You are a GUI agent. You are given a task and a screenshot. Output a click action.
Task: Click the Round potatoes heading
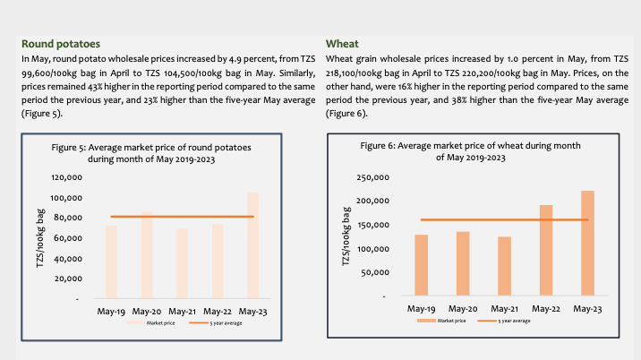pos(60,43)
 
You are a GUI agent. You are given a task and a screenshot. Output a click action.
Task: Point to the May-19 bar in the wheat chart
pos(421,265)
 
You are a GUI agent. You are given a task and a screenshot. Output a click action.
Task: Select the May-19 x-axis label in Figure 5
pos(112,311)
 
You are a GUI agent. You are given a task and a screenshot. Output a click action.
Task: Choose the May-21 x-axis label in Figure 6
pos(504,308)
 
